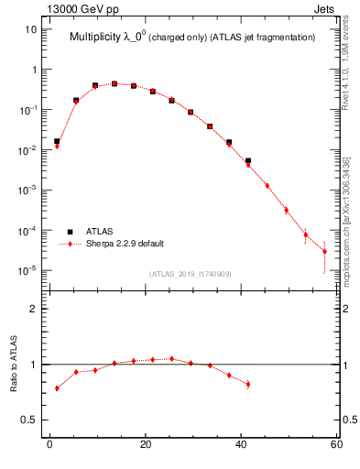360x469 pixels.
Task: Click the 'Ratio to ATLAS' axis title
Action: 16,364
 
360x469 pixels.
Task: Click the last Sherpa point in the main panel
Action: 324,251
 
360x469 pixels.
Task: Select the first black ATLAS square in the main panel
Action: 57,141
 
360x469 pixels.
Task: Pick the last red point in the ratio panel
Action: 248,384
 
